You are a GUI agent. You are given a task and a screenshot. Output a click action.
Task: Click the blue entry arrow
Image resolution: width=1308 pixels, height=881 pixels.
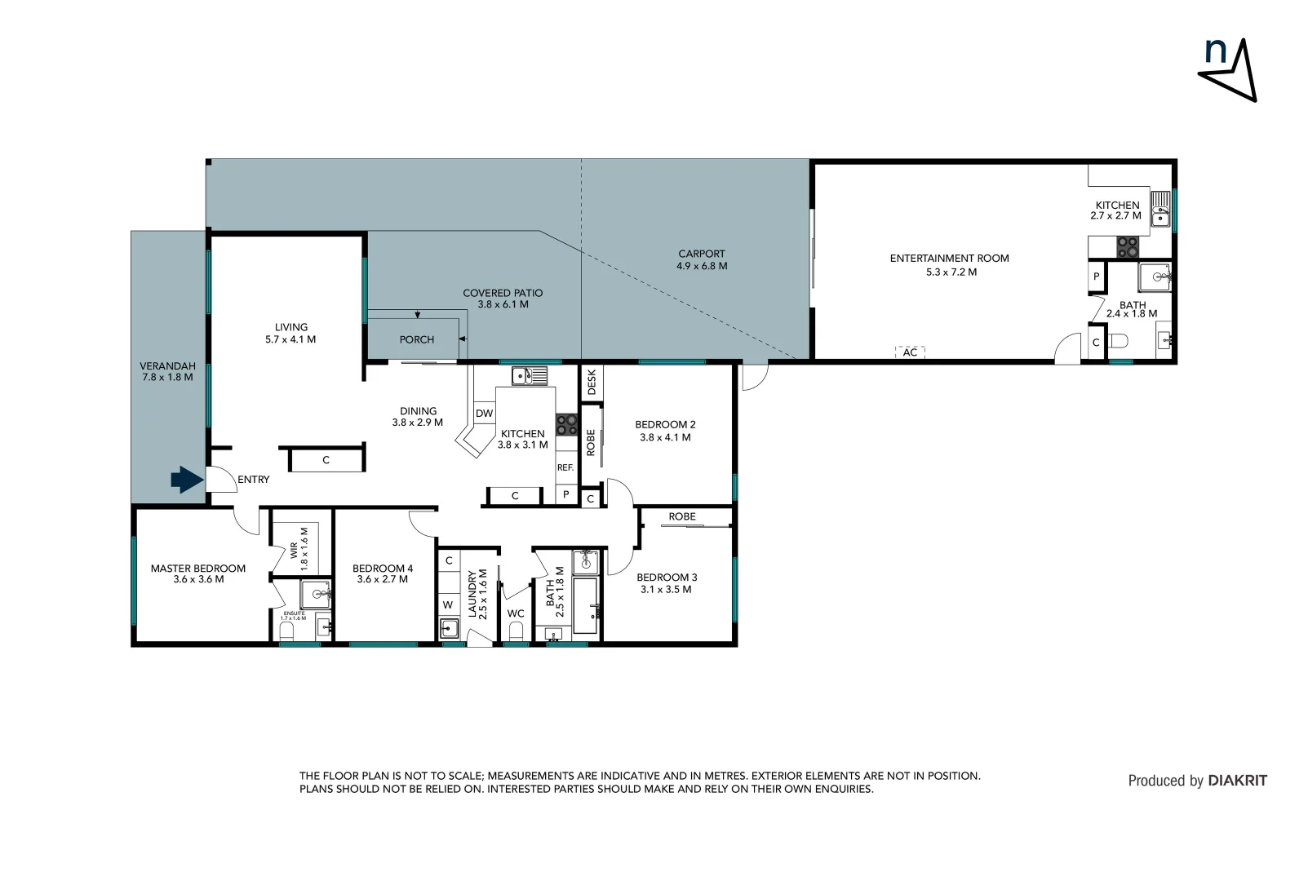click(187, 480)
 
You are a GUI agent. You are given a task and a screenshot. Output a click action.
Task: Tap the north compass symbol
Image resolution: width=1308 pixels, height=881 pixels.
click(1227, 70)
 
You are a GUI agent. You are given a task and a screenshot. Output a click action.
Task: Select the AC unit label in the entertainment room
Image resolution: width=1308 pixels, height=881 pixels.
click(910, 352)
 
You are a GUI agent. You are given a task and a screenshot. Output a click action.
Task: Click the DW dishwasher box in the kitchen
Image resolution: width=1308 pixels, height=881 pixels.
click(485, 414)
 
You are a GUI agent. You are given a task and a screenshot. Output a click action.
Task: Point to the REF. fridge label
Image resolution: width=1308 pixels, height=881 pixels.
click(565, 467)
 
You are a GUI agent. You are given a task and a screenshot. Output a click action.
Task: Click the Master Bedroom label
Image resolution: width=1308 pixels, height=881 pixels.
click(198, 573)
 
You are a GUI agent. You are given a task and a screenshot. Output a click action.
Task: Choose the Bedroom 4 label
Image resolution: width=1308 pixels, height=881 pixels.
click(383, 573)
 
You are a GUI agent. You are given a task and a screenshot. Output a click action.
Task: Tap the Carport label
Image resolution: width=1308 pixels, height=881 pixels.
click(702, 259)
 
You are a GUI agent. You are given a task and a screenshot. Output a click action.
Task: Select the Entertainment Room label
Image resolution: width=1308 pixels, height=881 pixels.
click(950, 264)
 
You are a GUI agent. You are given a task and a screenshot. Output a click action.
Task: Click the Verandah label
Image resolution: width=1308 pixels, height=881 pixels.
click(167, 372)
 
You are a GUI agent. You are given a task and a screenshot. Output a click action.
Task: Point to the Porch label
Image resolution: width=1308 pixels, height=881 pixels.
click(417, 339)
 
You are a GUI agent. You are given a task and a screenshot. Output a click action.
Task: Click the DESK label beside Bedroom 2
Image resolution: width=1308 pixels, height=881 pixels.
click(592, 382)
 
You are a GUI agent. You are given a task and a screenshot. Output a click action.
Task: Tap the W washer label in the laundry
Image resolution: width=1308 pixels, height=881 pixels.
click(448, 604)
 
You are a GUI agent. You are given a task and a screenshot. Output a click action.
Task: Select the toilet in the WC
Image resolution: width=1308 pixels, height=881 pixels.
click(516, 631)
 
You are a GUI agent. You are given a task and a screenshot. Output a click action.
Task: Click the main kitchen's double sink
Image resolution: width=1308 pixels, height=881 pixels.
click(530, 376)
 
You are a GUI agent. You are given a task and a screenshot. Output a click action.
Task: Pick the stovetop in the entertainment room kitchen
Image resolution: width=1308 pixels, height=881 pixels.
click(1128, 247)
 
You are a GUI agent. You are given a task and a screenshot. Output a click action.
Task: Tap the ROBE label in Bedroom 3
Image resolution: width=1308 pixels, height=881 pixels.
click(682, 516)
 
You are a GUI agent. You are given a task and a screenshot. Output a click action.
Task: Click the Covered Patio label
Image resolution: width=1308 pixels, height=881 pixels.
click(503, 299)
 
